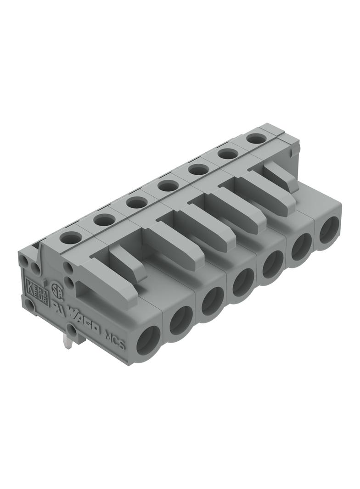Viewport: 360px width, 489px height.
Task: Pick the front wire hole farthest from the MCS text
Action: [x=329, y=230]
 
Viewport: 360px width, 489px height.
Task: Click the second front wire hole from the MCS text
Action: [x=180, y=320]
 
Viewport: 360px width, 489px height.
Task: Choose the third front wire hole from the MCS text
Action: [x=212, y=300]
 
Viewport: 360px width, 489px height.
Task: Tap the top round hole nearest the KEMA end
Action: [x=71, y=238]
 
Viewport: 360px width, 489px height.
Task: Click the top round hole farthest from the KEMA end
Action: [x=256, y=138]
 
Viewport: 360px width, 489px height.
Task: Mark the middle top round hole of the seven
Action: [x=168, y=186]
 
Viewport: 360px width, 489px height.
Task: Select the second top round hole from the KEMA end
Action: [x=104, y=220]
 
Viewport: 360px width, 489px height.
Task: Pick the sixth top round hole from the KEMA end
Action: [x=228, y=154]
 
